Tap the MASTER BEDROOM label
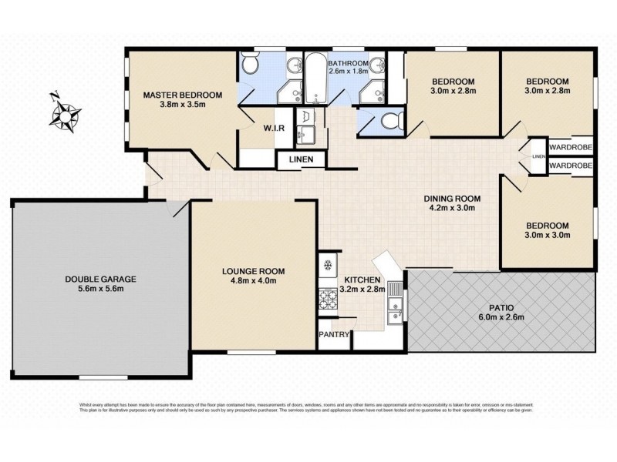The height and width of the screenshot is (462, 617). [x=183, y=95]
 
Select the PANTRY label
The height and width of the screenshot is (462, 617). [x=335, y=335]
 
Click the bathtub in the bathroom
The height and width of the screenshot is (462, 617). [x=315, y=81]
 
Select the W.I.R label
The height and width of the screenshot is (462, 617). [x=275, y=128]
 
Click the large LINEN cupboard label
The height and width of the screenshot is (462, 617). [x=302, y=159]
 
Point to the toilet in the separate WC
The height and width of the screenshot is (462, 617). [x=390, y=122]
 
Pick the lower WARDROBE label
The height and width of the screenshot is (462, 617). [x=570, y=166]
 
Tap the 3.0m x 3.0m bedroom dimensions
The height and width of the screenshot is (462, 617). [x=548, y=235]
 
